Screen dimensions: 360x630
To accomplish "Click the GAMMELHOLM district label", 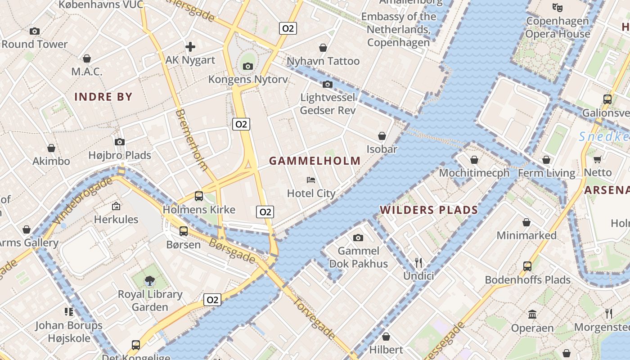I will pyautogui.click(x=315, y=161).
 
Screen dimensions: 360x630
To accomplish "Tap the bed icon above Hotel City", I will pyautogui.click(x=310, y=180).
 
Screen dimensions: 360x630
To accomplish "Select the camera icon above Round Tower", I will pyautogui.click(x=35, y=31).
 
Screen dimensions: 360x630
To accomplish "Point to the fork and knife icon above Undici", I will pyautogui.click(x=418, y=262).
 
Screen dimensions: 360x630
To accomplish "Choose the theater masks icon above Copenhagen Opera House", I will pyautogui.click(x=557, y=7).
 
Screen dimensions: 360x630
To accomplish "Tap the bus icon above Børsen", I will pyautogui.click(x=184, y=231).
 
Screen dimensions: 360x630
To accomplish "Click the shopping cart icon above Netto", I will pyautogui.click(x=598, y=159).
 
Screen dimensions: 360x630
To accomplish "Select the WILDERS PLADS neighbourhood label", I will pyautogui.click(x=428, y=210).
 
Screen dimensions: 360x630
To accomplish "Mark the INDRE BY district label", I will pyautogui.click(x=103, y=97).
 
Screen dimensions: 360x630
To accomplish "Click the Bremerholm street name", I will pyautogui.click(x=192, y=139).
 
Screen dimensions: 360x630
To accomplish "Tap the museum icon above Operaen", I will pyautogui.click(x=532, y=314).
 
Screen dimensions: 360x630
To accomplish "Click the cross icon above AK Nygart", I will pyautogui.click(x=190, y=46).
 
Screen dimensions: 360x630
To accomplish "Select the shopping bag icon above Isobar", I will pyautogui.click(x=382, y=136).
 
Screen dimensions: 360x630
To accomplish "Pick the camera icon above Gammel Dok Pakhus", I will pyautogui.click(x=358, y=238).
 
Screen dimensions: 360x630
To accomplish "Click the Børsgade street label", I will pyautogui.click(x=232, y=251).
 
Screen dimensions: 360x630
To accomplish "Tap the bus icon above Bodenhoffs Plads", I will pyautogui.click(x=527, y=266).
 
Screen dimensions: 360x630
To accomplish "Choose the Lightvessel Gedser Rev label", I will pyautogui.click(x=328, y=104).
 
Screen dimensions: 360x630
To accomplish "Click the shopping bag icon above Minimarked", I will pyautogui.click(x=526, y=222).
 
